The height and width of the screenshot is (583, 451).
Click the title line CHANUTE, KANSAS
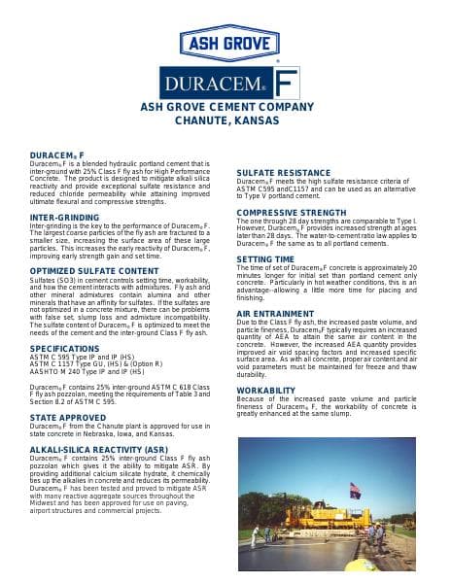(225, 120)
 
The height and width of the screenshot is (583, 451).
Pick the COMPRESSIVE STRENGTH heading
(291, 212)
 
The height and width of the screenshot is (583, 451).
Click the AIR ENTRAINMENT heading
(275, 315)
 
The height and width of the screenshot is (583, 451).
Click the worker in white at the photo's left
(256, 534)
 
